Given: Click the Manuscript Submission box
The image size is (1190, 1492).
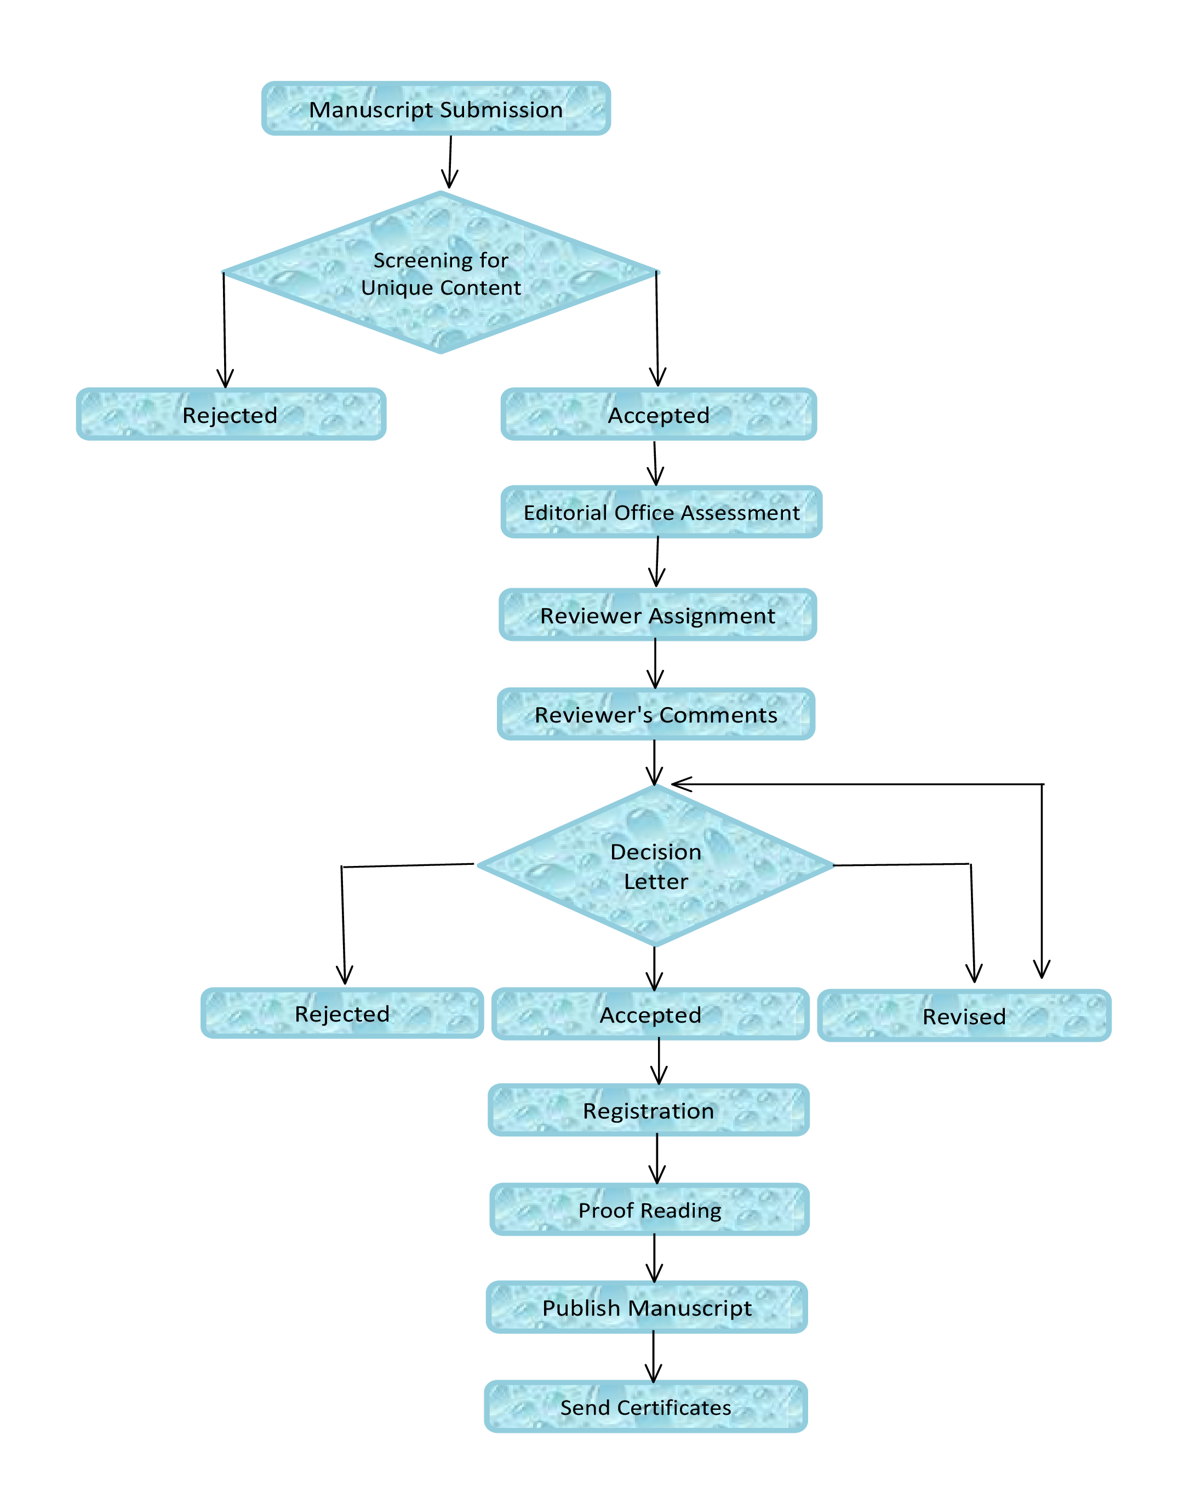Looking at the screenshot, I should pyautogui.click(x=436, y=108).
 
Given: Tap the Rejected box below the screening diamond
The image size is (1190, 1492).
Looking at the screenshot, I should pyautogui.click(x=231, y=414).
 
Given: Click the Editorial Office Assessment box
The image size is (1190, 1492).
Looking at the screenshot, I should pyautogui.click(x=661, y=512).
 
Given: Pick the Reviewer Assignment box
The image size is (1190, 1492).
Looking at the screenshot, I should pyautogui.click(x=657, y=615).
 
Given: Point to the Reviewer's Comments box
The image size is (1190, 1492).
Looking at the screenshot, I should pyautogui.click(x=656, y=714).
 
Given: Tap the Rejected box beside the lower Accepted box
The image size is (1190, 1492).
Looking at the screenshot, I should pyautogui.click(x=341, y=1013).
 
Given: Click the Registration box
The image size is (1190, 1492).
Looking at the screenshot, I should pyautogui.click(x=648, y=1110).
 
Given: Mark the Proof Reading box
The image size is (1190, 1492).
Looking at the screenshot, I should pyautogui.click(x=649, y=1210).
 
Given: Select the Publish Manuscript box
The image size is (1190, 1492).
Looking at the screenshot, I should pyautogui.click(x=647, y=1307).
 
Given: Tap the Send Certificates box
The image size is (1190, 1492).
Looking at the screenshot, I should pyautogui.click(x=645, y=1407).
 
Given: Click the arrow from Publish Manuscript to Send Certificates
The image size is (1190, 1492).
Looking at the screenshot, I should pyautogui.click(x=653, y=1357).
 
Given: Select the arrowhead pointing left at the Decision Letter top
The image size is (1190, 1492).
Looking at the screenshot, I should pyautogui.click(x=681, y=783).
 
